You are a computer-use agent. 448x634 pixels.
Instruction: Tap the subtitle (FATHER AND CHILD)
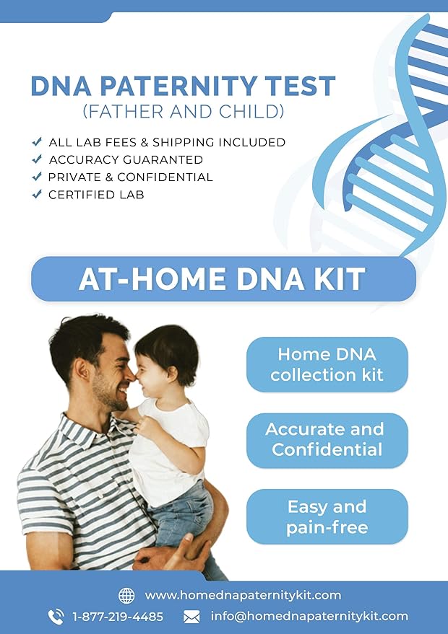coord(183,112)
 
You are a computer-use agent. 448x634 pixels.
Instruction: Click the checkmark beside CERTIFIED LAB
coord(37,195)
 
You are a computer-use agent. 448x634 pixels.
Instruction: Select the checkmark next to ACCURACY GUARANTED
coord(37,159)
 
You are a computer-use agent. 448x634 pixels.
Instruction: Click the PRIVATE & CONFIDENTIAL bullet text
coord(130,177)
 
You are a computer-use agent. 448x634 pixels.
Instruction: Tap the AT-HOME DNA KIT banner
coord(223,278)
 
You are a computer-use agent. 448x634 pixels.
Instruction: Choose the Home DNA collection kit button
coord(327,364)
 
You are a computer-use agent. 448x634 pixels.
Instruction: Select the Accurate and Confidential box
coord(327,440)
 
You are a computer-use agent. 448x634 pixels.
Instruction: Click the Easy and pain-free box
coord(327,516)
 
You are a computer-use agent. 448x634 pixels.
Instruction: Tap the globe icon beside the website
coord(126,595)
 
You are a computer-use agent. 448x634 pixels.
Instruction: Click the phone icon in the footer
coord(56,617)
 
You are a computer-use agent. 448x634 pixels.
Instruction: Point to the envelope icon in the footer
coord(191,617)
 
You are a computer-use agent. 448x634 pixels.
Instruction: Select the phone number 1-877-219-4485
coord(118,617)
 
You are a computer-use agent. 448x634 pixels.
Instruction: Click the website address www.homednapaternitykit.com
coord(243,595)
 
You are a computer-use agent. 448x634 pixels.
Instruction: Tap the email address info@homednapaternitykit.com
coord(309,617)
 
